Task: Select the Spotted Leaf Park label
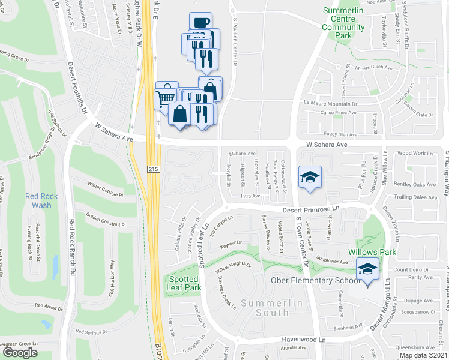click(x=184, y=283)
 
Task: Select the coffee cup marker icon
click(x=200, y=22)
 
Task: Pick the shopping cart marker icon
click(x=166, y=96)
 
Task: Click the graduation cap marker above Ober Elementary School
click(x=368, y=268)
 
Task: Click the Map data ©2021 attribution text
click(x=423, y=355)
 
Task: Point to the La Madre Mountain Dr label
click(x=330, y=103)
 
